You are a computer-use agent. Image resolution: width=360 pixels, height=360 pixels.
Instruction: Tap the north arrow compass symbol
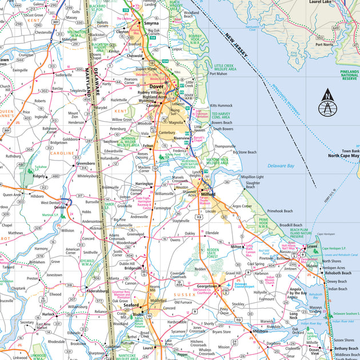tap(326, 103)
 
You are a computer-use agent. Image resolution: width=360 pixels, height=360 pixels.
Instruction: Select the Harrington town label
tap(144, 184)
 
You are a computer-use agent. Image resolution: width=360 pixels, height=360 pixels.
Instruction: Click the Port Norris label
tap(324, 44)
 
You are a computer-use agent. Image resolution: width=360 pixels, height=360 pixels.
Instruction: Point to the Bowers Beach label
tap(222, 122)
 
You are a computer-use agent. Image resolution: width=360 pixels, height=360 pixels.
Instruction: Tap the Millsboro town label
tap(260, 330)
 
